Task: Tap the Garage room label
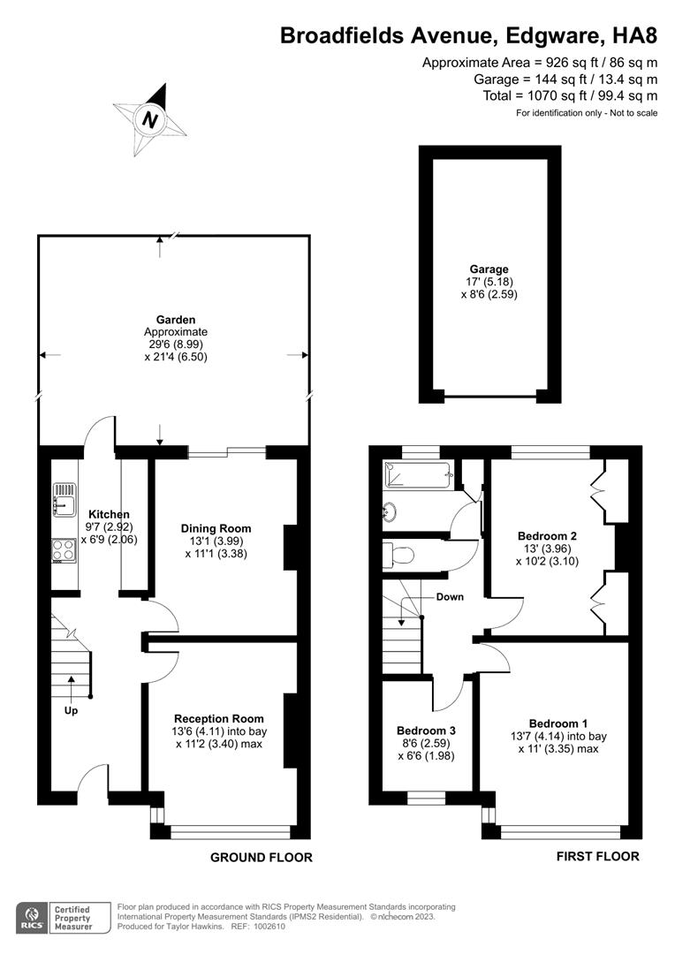(x=489, y=269)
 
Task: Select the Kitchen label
(x=109, y=514)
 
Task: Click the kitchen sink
(x=64, y=497)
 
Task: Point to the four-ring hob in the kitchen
(x=64, y=550)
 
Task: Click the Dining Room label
(x=216, y=528)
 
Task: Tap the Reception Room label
(x=219, y=718)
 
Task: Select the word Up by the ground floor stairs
(x=72, y=710)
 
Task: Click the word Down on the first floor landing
(x=450, y=597)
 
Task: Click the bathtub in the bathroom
(x=418, y=474)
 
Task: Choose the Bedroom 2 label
(x=547, y=536)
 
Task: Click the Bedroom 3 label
(x=426, y=731)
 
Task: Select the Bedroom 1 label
(x=558, y=723)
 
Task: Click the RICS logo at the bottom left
(x=32, y=918)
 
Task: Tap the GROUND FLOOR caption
(x=262, y=857)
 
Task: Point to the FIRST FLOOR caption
(x=598, y=856)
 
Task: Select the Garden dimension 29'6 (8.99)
(x=176, y=344)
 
